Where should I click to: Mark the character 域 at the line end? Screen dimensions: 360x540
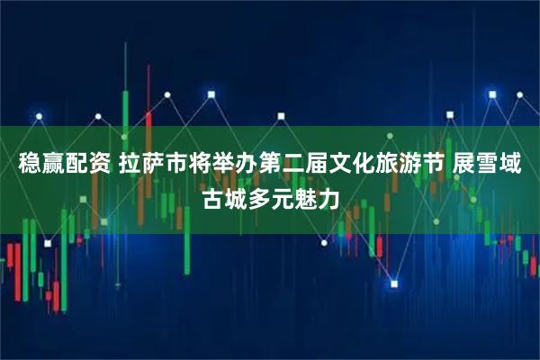tap(519, 165)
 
